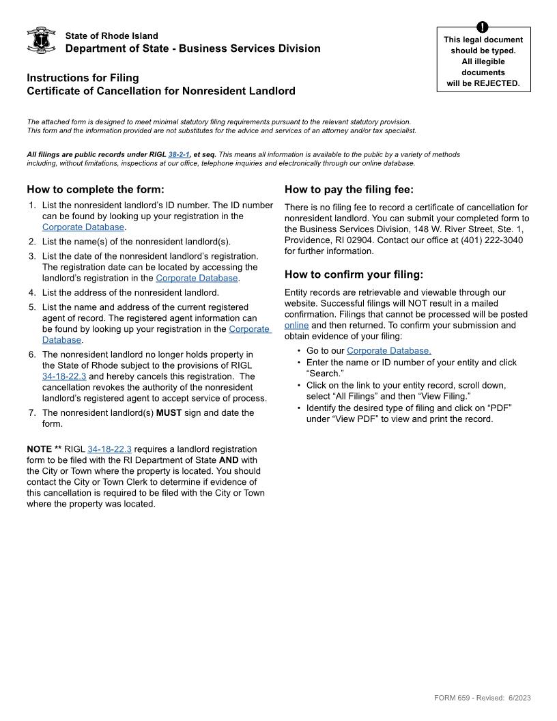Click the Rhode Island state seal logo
[x=41, y=41]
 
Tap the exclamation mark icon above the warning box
[x=483, y=27]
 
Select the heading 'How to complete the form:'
[x=96, y=190]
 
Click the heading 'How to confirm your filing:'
[x=354, y=274]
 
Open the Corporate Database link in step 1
[x=83, y=227]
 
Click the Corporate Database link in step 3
[x=197, y=278]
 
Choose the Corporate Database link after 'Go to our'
[x=388, y=351]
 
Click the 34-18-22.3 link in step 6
[x=65, y=376]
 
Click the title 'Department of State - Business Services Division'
[x=192, y=48]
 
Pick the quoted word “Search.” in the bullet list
[x=325, y=373]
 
